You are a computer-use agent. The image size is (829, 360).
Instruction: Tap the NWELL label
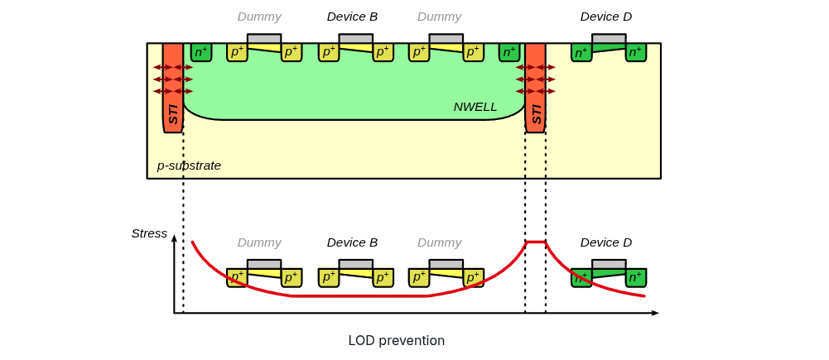pyautogui.click(x=475, y=107)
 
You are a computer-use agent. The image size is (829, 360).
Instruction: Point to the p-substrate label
pyautogui.click(x=189, y=166)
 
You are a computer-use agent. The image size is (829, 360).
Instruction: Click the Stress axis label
pyautogui.click(x=149, y=233)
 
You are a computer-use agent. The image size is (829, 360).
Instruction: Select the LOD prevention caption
pyautogui.click(x=396, y=341)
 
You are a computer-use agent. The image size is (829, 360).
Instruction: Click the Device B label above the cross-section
pyautogui.click(x=352, y=17)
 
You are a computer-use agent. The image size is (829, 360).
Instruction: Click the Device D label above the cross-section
pyautogui.click(x=605, y=17)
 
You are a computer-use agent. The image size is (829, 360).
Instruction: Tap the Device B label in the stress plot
pyautogui.click(x=352, y=242)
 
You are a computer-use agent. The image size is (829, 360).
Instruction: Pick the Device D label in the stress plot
pyautogui.click(x=605, y=242)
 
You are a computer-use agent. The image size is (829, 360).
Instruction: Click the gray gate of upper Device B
pyautogui.click(x=355, y=39)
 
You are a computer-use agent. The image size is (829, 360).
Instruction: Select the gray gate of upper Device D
pyautogui.click(x=609, y=39)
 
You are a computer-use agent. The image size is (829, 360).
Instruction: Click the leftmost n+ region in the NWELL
pyautogui.click(x=201, y=52)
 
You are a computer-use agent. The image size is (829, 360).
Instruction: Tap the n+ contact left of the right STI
pyautogui.click(x=509, y=52)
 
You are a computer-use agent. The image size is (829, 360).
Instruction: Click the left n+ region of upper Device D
pyautogui.click(x=581, y=53)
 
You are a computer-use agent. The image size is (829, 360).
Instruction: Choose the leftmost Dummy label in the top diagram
pyautogui.click(x=259, y=17)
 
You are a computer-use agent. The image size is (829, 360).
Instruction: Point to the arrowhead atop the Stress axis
pyautogui.click(x=174, y=238)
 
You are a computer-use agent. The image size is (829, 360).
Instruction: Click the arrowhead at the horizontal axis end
pyautogui.click(x=655, y=313)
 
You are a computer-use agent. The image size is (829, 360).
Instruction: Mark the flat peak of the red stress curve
pyautogui.click(x=535, y=242)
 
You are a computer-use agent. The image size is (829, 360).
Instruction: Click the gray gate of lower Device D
pyautogui.click(x=609, y=265)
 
